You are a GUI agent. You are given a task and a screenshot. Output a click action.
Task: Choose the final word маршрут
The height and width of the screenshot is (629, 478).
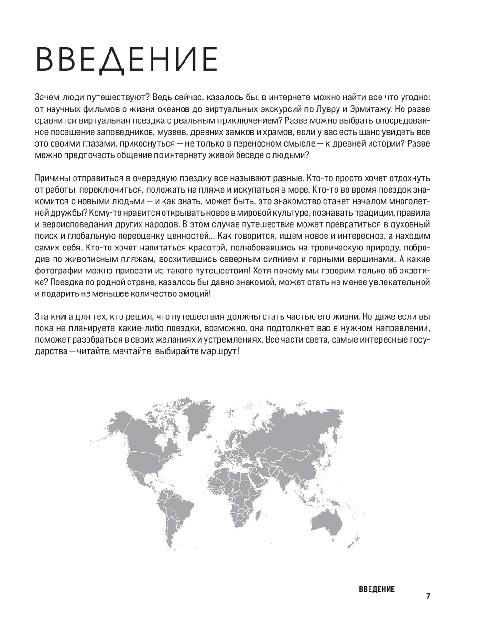tap(219, 351)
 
